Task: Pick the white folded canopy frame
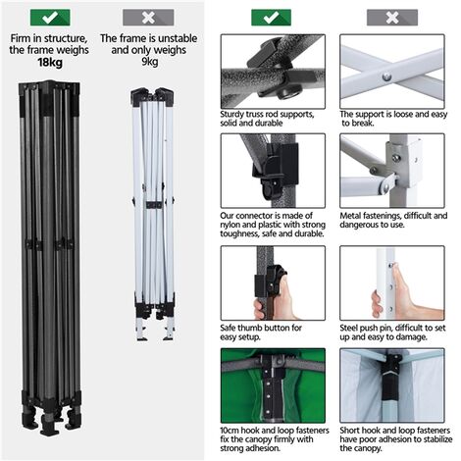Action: pyautogui.click(x=153, y=216)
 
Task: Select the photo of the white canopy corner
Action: pyautogui.click(x=391, y=386)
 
